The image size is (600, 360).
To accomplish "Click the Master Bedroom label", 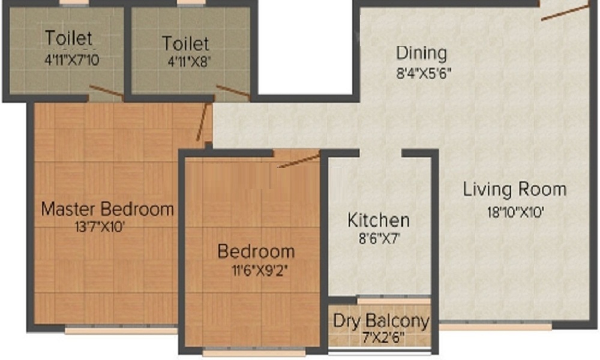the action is [x=107, y=209].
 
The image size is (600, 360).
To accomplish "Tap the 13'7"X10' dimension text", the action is [x=100, y=227].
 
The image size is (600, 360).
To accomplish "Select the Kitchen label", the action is [x=379, y=220].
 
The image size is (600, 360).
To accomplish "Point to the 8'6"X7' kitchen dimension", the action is [x=379, y=239].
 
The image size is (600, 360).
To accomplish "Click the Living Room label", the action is [x=515, y=190].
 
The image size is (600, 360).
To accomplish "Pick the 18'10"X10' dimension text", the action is [x=515, y=212].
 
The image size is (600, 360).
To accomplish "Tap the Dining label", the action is [x=421, y=53].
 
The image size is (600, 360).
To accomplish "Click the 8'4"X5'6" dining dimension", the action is [x=424, y=73].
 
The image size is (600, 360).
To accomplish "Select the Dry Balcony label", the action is [x=381, y=322].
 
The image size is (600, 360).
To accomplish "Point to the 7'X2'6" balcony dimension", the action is [x=383, y=338].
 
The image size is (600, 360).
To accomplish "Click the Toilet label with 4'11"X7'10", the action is [x=69, y=38].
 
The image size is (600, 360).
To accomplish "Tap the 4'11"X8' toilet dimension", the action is [x=190, y=62].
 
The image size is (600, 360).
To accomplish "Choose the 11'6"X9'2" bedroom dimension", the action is [x=259, y=271].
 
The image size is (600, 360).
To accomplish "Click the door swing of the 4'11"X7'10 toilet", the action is [x=107, y=91].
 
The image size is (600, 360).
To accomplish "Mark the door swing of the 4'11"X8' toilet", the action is [x=233, y=91].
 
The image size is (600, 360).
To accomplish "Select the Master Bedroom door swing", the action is [x=202, y=122].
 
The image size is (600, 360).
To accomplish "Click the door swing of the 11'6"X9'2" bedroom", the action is [x=299, y=161].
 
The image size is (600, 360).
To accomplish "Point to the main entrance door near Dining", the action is [x=565, y=13].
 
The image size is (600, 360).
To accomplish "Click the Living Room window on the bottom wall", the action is [x=496, y=326].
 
